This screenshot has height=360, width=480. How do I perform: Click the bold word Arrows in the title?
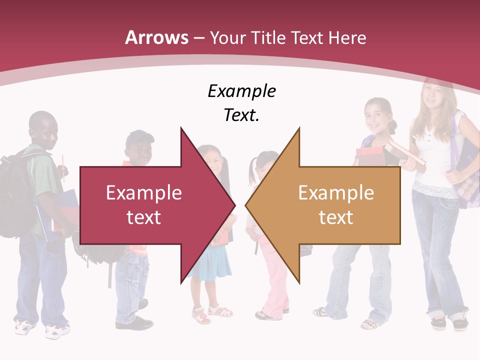[157, 37]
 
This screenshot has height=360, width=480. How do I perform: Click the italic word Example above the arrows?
[241, 91]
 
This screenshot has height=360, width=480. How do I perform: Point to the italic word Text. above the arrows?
[241, 115]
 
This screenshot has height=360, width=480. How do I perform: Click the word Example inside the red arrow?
[143, 192]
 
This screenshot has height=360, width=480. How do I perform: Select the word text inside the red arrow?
[143, 217]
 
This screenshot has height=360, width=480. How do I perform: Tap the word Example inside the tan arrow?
[336, 192]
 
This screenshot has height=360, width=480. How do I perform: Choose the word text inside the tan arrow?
[336, 217]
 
